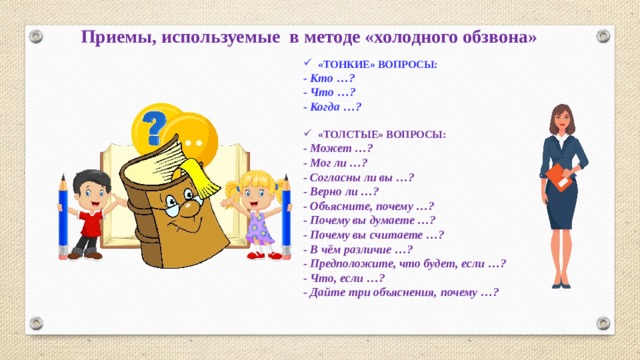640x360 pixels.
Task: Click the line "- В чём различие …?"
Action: click(357, 249)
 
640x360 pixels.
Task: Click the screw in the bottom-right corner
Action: click(603, 323)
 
